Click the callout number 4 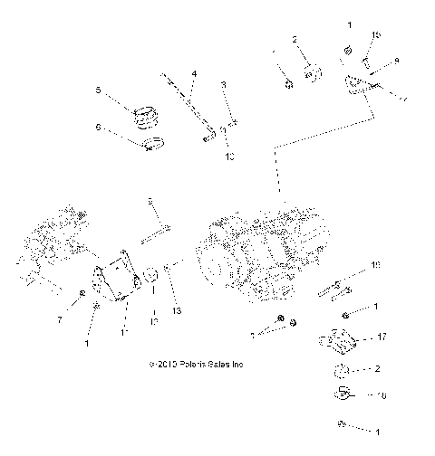point(194,72)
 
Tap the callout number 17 point(382,337)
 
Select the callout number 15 point(375,35)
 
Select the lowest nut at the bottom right point(340,425)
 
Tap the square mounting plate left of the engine point(115,281)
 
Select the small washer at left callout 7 point(83,295)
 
